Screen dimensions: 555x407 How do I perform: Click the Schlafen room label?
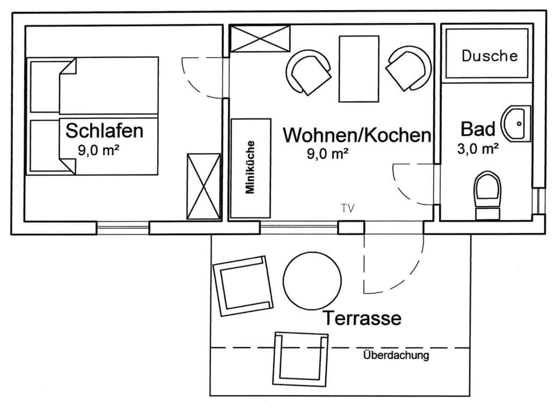[105, 131]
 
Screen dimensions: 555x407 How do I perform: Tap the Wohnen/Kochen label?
[357, 135]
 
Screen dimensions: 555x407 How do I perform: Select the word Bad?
[478, 129]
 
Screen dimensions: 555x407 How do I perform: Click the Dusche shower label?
[489, 56]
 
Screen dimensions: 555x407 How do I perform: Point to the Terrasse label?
[362, 318]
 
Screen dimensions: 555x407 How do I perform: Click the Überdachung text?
[396, 355]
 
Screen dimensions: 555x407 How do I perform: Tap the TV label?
[347, 208]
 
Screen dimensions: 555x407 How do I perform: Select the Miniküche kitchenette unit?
[251, 168]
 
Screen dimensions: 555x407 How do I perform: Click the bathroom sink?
[516, 123]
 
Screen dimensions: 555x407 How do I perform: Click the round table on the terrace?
[313, 280]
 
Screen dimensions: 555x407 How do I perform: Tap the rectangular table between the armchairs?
[359, 69]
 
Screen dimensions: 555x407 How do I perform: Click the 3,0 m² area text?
[478, 149]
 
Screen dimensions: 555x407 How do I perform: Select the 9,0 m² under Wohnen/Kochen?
[328, 154]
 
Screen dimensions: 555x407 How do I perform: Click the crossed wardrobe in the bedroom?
[204, 187]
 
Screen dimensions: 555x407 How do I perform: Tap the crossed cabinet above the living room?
[260, 38]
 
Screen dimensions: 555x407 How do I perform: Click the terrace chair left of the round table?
[243, 286]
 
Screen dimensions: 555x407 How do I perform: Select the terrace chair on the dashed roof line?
[301, 359]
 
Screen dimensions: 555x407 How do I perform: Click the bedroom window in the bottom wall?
[123, 228]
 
